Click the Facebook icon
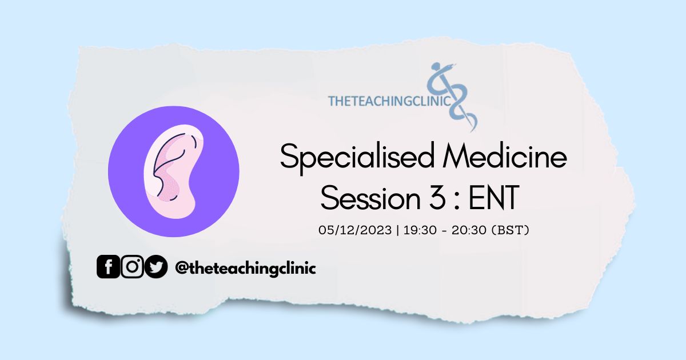tap(108, 267)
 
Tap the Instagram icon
tap(132, 267)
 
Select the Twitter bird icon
tap(156, 267)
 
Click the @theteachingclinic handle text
tap(245, 268)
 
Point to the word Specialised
tap(357, 158)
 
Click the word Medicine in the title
tap(505, 156)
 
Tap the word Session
tap(370, 198)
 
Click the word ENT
tap(494, 198)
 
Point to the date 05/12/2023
tap(355, 230)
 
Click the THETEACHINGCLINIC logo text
tap(389, 101)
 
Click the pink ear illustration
tap(173, 171)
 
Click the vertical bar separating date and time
tap(397, 230)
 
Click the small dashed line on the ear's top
tap(194, 142)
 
